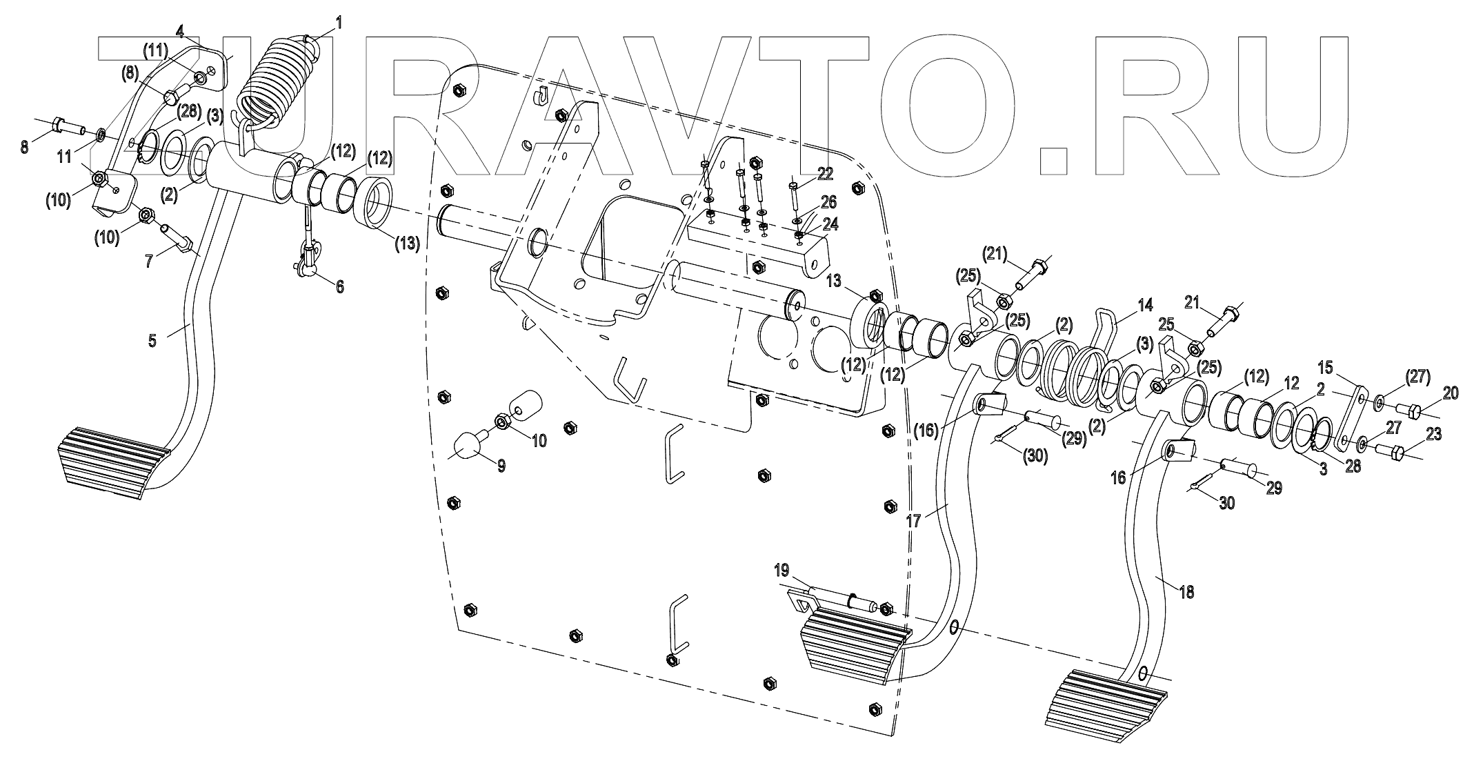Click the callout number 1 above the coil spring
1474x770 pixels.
[x=339, y=23]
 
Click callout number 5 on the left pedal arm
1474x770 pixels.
[x=152, y=339]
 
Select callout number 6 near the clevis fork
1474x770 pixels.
[x=339, y=286]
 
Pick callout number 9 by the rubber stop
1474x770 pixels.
[x=501, y=466]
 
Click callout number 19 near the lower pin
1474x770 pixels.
[x=781, y=570]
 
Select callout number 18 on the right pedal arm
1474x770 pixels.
[x=1186, y=591]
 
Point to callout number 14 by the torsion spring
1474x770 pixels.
[x=1144, y=305]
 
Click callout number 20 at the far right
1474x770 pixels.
[x=1451, y=393]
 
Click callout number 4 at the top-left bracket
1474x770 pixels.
[x=180, y=31]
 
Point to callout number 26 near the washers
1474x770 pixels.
[x=828, y=202]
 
